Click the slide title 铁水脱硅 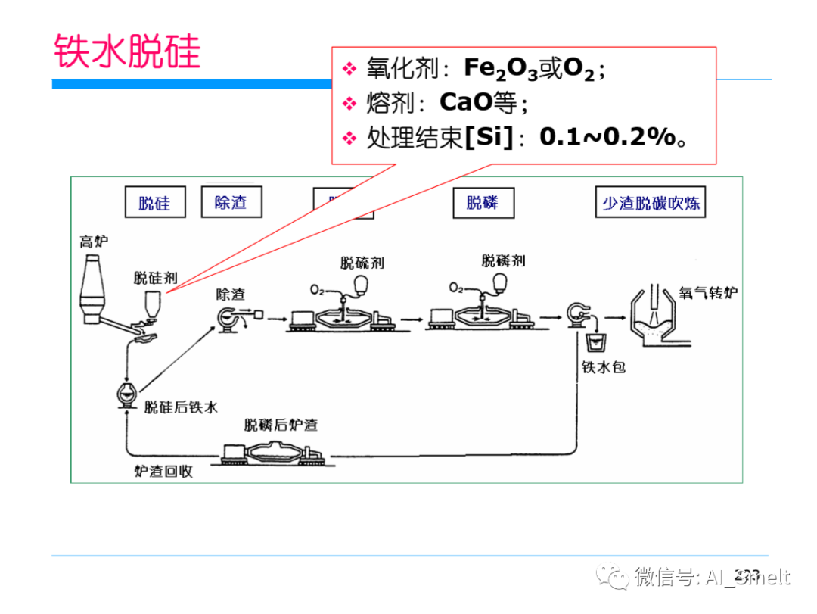[127, 52]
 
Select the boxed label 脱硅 [155, 203]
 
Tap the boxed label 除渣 [231, 202]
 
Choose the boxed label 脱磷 [483, 202]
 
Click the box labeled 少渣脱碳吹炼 [651, 203]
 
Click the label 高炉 [95, 242]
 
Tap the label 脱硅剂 [155, 277]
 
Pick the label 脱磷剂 [503, 261]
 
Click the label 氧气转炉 [708, 293]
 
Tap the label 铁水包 [603, 368]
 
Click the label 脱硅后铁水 [181, 407]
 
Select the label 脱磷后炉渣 [281, 425]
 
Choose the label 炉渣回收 [163, 471]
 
